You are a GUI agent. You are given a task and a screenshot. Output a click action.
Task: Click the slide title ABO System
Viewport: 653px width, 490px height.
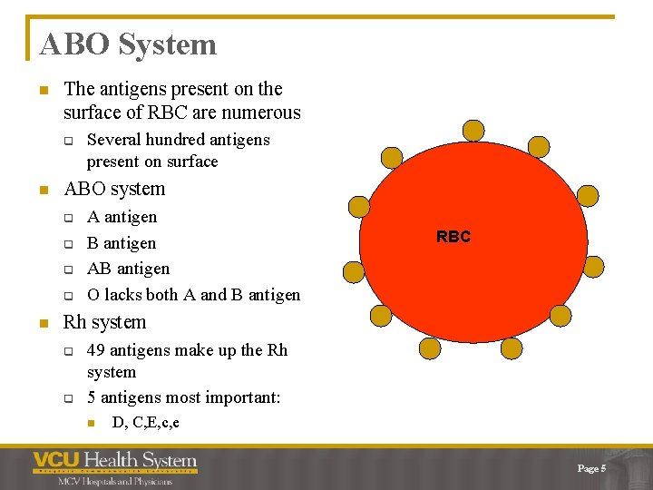pyautogui.click(x=128, y=44)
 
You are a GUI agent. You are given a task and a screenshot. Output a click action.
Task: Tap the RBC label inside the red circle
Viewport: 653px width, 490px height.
pyautogui.click(x=453, y=237)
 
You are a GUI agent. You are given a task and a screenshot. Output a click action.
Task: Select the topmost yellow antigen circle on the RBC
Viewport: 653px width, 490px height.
pyautogui.click(x=473, y=131)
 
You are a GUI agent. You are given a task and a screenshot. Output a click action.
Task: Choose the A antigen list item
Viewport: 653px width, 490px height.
pyautogui.click(x=122, y=217)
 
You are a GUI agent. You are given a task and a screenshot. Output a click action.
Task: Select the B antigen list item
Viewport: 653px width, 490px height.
pyautogui.click(x=122, y=243)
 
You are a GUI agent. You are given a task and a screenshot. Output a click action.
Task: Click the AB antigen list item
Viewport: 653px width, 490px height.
pyautogui.click(x=128, y=269)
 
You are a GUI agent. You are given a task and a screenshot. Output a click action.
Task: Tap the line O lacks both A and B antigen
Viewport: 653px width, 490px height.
pyautogui.click(x=193, y=294)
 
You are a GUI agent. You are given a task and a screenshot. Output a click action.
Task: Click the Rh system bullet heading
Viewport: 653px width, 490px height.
pyautogui.click(x=104, y=322)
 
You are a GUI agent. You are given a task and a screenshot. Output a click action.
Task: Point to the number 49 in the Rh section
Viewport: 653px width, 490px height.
pyautogui.click(x=96, y=350)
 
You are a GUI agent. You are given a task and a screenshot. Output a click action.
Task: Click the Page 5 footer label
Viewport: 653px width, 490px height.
pyautogui.click(x=591, y=467)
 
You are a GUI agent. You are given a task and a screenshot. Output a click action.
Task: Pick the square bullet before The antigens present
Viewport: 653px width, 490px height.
pyautogui.click(x=41, y=90)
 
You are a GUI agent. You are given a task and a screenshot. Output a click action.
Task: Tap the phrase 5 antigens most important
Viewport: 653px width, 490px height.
pyautogui.click(x=184, y=397)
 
